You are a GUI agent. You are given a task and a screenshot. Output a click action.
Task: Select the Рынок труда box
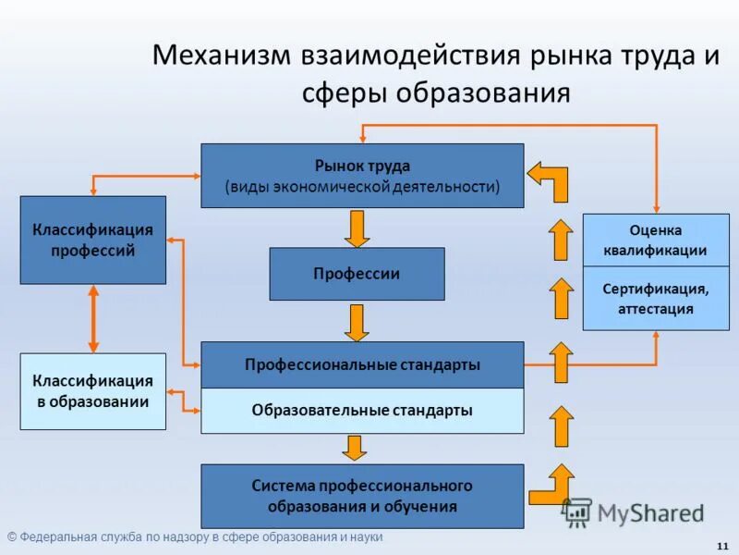click(362, 176)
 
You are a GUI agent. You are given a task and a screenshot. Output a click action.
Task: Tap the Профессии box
click(357, 274)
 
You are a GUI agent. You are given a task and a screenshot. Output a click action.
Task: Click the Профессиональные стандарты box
click(362, 364)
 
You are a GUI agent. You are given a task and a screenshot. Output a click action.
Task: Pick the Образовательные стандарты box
click(362, 411)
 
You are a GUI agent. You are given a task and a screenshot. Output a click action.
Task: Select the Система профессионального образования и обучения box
click(362, 497)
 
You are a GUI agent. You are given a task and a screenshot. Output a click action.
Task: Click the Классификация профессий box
click(93, 240)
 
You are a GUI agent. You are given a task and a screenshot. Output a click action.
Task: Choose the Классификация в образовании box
click(93, 391)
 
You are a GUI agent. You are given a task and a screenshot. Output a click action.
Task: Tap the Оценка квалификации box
click(656, 240)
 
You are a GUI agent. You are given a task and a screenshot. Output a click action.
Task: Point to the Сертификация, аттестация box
click(656, 299)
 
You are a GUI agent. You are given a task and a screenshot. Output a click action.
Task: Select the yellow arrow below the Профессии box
click(357, 323)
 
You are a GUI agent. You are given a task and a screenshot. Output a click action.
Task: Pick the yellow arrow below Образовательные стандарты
click(354, 449)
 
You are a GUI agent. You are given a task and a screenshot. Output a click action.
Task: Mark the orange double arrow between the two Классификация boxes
click(93, 318)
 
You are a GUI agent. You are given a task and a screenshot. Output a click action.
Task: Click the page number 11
click(721, 543)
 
